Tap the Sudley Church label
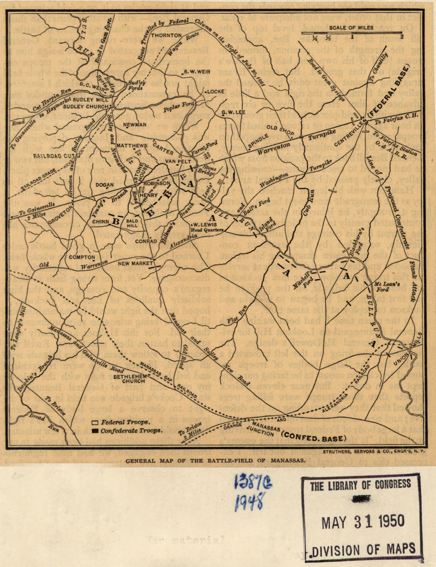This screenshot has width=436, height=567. coord(86,106)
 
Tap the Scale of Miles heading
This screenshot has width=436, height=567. coord(351,27)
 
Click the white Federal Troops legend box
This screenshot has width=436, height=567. coord(95,423)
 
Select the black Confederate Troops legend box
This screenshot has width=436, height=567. coord(95,431)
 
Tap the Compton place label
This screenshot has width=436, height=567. coord(82,257)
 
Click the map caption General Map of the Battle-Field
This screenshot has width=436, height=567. coord(215,461)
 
